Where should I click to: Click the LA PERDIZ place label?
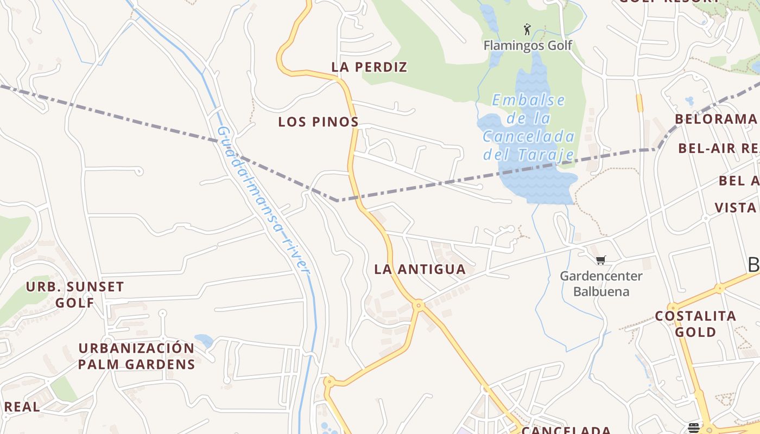[x=369, y=67]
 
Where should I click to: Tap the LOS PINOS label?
[x=318, y=122]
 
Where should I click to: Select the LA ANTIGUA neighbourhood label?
[x=420, y=269]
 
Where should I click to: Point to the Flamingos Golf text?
[x=528, y=45]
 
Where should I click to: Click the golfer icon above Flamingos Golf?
[x=527, y=29]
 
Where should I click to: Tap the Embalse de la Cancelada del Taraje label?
[x=529, y=127]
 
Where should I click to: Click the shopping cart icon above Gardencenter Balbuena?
[x=600, y=260]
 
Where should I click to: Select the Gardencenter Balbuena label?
[x=601, y=284]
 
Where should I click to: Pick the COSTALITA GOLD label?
[x=695, y=324]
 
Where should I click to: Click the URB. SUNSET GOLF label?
[x=75, y=295]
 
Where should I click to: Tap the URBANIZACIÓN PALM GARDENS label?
[x=136, y=356]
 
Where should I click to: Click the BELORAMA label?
[x=715, y=119]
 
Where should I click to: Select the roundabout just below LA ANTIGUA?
[x=419, y=305]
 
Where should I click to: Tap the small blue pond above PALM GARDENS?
[x=204, y=341]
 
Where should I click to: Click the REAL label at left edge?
[x=22, y=407]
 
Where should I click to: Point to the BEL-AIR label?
[x=718, y=148]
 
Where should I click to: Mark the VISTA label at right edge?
[x=736, y=208]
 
